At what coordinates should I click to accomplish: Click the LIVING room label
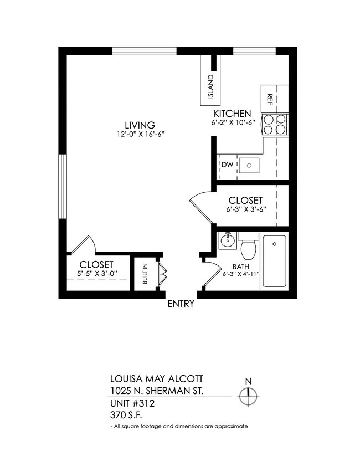coord(139,125)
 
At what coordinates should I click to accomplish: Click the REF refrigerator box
coord(271,99)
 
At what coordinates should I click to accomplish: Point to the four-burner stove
coord(275,125)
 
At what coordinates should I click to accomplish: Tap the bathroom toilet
coord(248,247)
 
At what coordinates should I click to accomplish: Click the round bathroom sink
coord(227,241)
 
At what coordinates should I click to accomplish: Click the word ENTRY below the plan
coord(181,304)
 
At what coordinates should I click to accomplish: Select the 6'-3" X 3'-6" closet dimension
coord(244,210)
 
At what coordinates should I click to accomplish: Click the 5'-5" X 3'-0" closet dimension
coord(96,274)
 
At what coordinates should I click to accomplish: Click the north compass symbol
coord(249,396)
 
